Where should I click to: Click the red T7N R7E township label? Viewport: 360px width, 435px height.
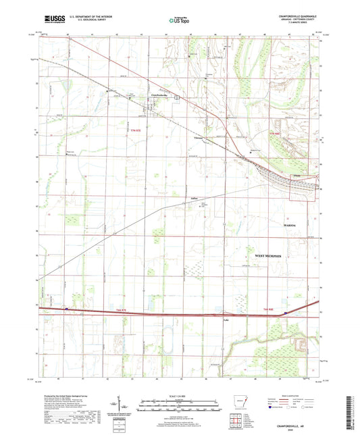click(136, 129)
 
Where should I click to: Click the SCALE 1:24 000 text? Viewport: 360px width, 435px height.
click(178, 394)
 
